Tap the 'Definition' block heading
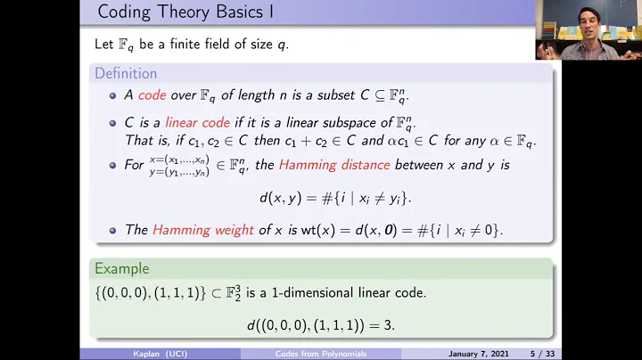(126, 73)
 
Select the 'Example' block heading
(123, 268)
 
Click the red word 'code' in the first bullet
(152, 96)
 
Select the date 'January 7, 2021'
(473, 354)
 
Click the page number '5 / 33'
(534, 354)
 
